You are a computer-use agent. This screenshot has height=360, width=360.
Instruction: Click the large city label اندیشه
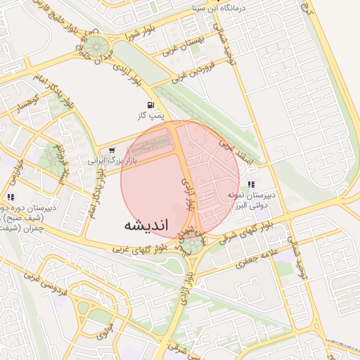[x=146, y=226]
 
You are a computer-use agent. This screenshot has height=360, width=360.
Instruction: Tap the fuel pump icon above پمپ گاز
[x=152, y=105]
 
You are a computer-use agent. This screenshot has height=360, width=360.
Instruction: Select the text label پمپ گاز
[x=149, y=115]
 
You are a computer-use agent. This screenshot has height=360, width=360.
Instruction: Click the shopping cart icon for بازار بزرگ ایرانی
[x=112, y=149]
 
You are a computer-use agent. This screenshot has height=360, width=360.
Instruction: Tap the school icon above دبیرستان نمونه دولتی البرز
[x=252, y=184]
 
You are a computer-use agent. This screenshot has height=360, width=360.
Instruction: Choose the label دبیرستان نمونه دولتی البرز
[x=250, y=199]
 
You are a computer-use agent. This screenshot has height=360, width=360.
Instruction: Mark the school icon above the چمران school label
[x=11, y=198]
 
